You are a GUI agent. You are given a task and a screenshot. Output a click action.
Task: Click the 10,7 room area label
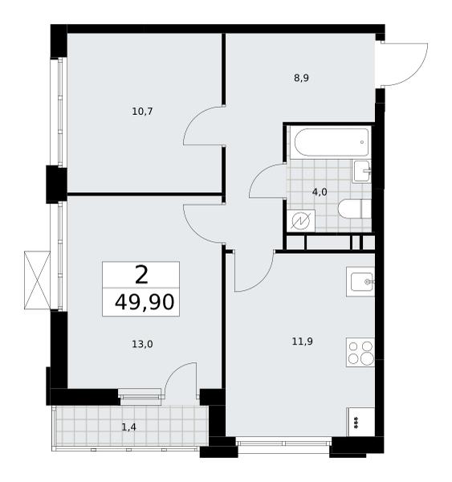click(x=142, y=112)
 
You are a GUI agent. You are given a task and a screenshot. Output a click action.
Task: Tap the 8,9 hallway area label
click(x=301, y=78)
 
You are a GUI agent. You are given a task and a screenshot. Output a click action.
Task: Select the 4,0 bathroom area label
click(x=320, y=193)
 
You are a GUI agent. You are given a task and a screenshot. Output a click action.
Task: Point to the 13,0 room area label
click(x=143, y=344)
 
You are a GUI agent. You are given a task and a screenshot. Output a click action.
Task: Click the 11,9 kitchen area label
click(x=303, y=341)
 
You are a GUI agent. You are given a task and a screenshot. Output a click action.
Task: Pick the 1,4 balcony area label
click(x=128, y=427)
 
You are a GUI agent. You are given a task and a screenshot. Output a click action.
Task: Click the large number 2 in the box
click(x=141, y=275)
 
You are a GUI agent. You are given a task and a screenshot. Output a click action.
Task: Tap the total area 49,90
click(x=145, y=302)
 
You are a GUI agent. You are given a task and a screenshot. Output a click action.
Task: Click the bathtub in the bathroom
click(x=332, y=143)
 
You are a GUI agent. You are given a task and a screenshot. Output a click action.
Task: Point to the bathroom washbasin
click(x=361, y=171)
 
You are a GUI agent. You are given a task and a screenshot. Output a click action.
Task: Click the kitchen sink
click(x=360, y=282)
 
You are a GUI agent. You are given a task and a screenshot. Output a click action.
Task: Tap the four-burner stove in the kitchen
click(x=360, y=353)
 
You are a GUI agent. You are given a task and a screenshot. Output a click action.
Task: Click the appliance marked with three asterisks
click(x=360, y=422)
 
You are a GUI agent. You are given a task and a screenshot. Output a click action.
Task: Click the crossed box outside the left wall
click(x=37, y=280)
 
